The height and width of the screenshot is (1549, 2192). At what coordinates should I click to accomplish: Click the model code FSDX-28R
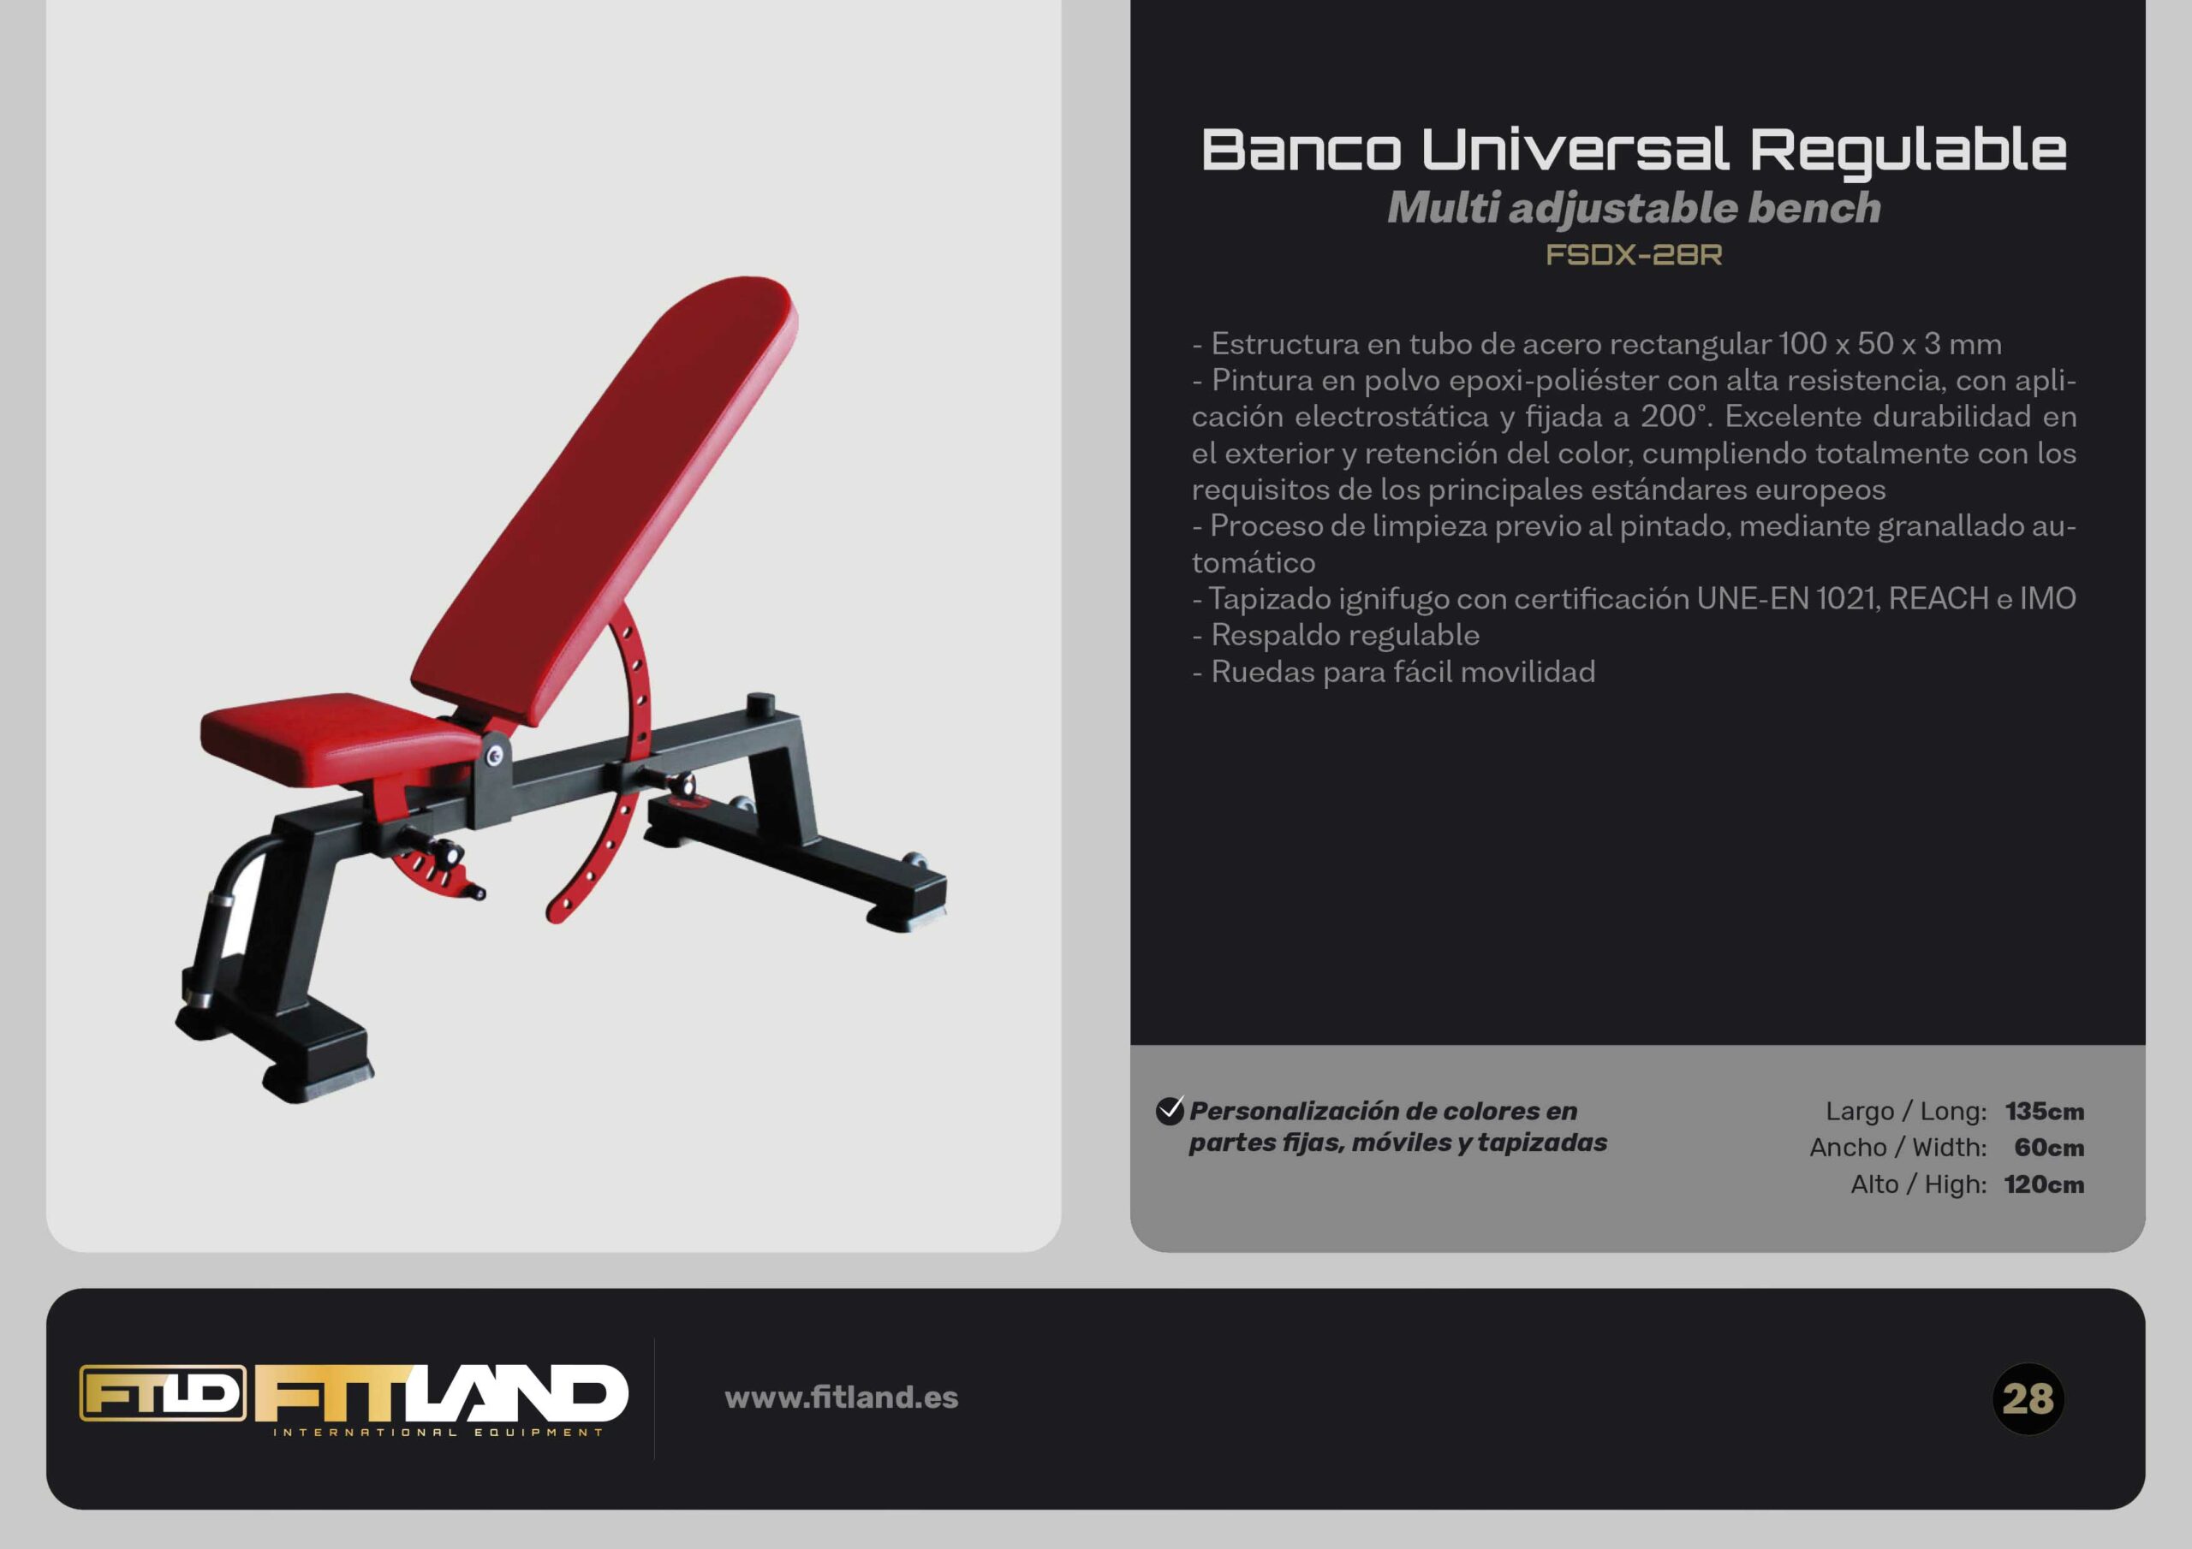click(1634, 255)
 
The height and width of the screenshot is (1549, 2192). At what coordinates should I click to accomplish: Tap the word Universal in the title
click(1575, 150)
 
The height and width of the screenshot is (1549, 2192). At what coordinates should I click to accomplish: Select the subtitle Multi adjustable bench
click(1634, 208)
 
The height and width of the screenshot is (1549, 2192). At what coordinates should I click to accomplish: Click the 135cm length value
click(2044, 1111)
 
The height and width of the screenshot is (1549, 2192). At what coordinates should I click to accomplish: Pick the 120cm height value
click(2044, 1184)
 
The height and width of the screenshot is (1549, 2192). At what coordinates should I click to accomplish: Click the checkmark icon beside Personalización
click(1170, 1110)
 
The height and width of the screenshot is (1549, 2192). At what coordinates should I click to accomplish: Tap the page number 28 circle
click(2028, 1399)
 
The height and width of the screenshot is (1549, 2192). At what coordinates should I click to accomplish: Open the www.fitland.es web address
click(841, 1398)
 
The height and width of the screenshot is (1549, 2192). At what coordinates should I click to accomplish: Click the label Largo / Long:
click(1906, 1111)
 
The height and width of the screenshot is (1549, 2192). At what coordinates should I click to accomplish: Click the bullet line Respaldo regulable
click(1336, 636)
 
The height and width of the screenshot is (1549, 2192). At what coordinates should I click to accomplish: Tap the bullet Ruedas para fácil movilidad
click(1394, 672)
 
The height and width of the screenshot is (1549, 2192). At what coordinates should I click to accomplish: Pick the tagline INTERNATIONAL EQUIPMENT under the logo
click(438, 1432)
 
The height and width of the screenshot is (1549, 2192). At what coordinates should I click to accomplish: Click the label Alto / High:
click(1919, 1184)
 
